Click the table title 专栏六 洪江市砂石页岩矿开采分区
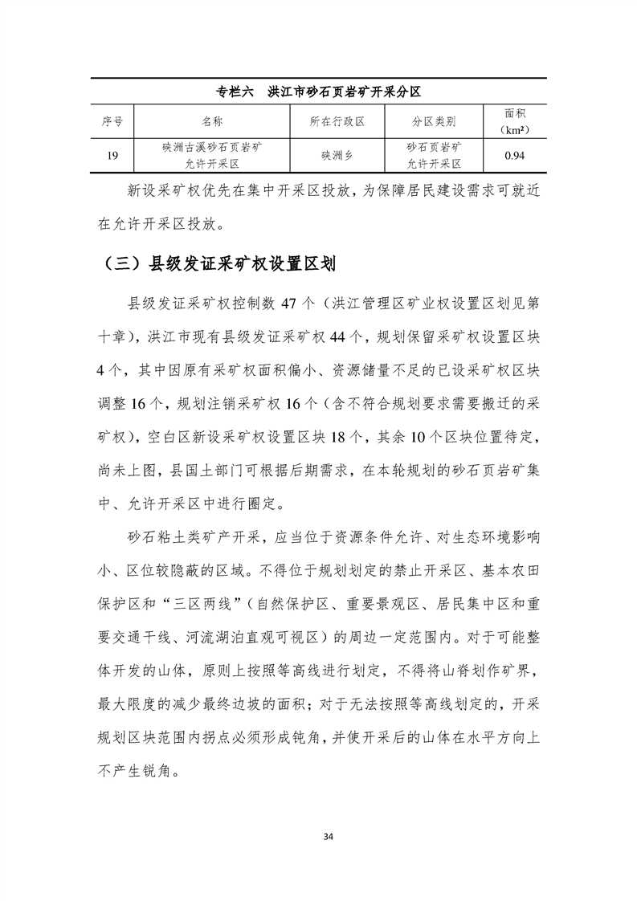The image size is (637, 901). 318,91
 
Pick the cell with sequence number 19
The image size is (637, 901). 112,156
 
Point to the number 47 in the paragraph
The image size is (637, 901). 287,304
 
